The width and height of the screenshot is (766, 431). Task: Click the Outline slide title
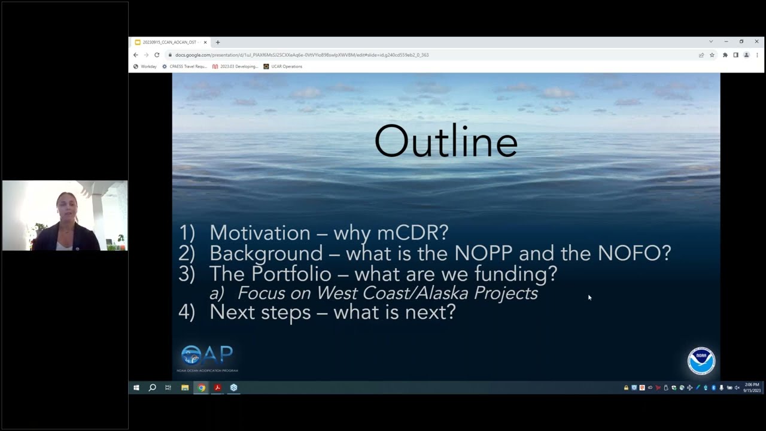tap(446, 142)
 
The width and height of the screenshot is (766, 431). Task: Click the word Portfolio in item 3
tap(291, 274)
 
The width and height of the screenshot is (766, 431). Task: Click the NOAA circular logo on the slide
tap(701, 360)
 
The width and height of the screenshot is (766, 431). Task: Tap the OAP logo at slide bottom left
tap(207, 356)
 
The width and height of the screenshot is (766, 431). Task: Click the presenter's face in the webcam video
tap(66, 207)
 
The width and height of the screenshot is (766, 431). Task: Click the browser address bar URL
tap(302, 55)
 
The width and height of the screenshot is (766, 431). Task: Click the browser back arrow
tap(136, 55)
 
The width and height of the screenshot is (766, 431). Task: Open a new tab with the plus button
tap(218, 43)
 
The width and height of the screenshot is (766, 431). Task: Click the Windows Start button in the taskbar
tap(136, 388)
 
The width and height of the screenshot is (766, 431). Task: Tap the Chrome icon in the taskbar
tap(202, 388)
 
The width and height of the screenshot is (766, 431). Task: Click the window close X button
tap(756, 42)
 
